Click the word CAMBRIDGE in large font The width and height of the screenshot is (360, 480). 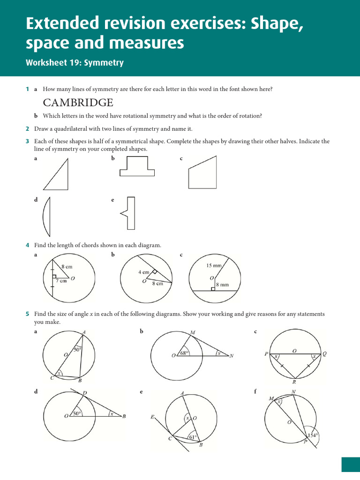tap(78, 103)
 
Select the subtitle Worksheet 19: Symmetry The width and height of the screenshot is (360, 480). tap(75, 63)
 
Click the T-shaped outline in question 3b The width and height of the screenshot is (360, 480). tap(137, 168)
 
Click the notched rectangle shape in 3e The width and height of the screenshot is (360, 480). tap(129, 213)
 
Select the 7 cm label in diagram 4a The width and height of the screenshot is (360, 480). tap(61, 281)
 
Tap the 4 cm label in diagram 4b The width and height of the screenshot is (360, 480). tap(143, 272)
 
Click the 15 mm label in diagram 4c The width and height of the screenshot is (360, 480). tap(214, 265)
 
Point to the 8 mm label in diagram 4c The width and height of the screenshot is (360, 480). tap(222, 284)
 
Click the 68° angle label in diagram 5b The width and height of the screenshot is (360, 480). tap(184, 353)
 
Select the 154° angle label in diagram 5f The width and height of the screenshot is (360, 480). tap(313, 435)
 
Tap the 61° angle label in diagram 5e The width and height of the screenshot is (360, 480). tap(192, 437)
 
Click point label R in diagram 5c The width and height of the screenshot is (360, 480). tap(294, 382)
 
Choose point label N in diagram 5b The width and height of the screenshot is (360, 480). tap(231, 356)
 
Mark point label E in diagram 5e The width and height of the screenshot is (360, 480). tap(152, 416)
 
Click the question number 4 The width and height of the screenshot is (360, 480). tap(28, 245)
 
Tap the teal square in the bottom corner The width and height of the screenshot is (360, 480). tap(350, 465)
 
